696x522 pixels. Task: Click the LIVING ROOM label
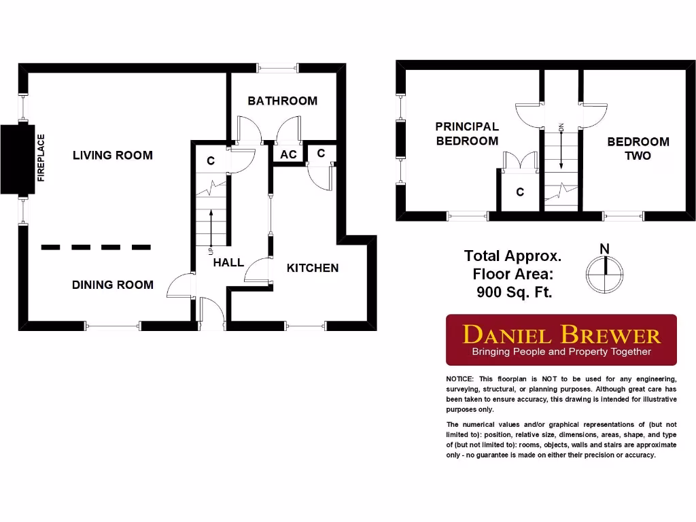click(x=113, y=155)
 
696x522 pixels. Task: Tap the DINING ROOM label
click(x=113, y=285)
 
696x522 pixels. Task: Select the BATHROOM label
click(x=282, y=101)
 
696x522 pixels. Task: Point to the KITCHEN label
click(x=313, y=268)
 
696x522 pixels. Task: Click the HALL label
click(x=228, y=262)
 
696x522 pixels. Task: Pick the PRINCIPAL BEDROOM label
click(x=467, y=134)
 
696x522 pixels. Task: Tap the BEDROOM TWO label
click(x=638, y=148)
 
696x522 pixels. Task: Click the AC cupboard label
click(x=288, y=155)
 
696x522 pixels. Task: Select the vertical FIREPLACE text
click(x=41, y=158)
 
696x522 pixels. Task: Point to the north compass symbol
click(x=604, y=272)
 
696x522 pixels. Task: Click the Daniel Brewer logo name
click(x=561, y=334)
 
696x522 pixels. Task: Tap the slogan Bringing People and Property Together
click(x=561, y=352)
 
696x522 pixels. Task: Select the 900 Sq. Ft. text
click(x=513, y=292)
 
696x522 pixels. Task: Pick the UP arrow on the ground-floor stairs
click(x=211, y=228)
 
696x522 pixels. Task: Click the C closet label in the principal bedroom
click(x=520, y=192)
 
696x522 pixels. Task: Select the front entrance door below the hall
click(x=212, y=315)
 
